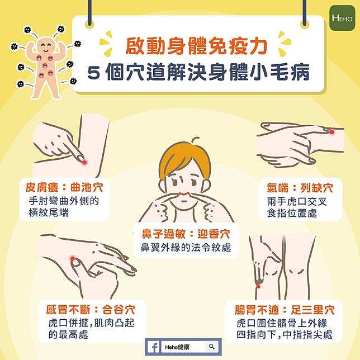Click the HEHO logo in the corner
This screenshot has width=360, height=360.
342,18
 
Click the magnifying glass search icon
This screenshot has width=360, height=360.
212,347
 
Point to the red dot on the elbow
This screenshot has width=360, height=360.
84,162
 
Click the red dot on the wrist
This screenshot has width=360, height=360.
331,132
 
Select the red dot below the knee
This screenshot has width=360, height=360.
258,286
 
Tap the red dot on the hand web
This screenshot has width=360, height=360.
73,259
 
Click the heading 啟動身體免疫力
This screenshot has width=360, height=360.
196,46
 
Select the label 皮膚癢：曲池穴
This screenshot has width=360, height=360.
64,187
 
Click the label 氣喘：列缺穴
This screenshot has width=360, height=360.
300,188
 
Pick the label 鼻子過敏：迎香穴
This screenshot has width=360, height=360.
186,234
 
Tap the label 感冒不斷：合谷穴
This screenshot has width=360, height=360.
91,310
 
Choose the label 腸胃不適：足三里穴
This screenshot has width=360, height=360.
285,310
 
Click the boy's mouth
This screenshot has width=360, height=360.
184,202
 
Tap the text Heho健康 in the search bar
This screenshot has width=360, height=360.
177,347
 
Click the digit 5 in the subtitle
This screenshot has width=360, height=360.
94,73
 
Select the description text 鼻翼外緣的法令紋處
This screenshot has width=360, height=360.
186,248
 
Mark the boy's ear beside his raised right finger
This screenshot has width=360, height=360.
163,185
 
